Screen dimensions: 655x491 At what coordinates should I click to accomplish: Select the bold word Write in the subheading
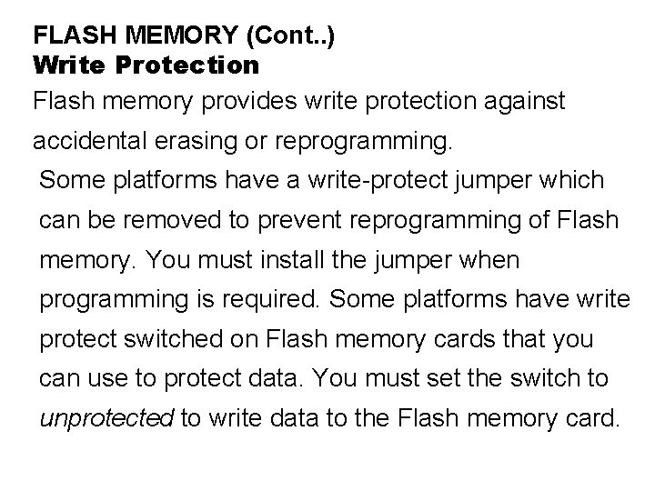pyautogui.click(x=68, y=65)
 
